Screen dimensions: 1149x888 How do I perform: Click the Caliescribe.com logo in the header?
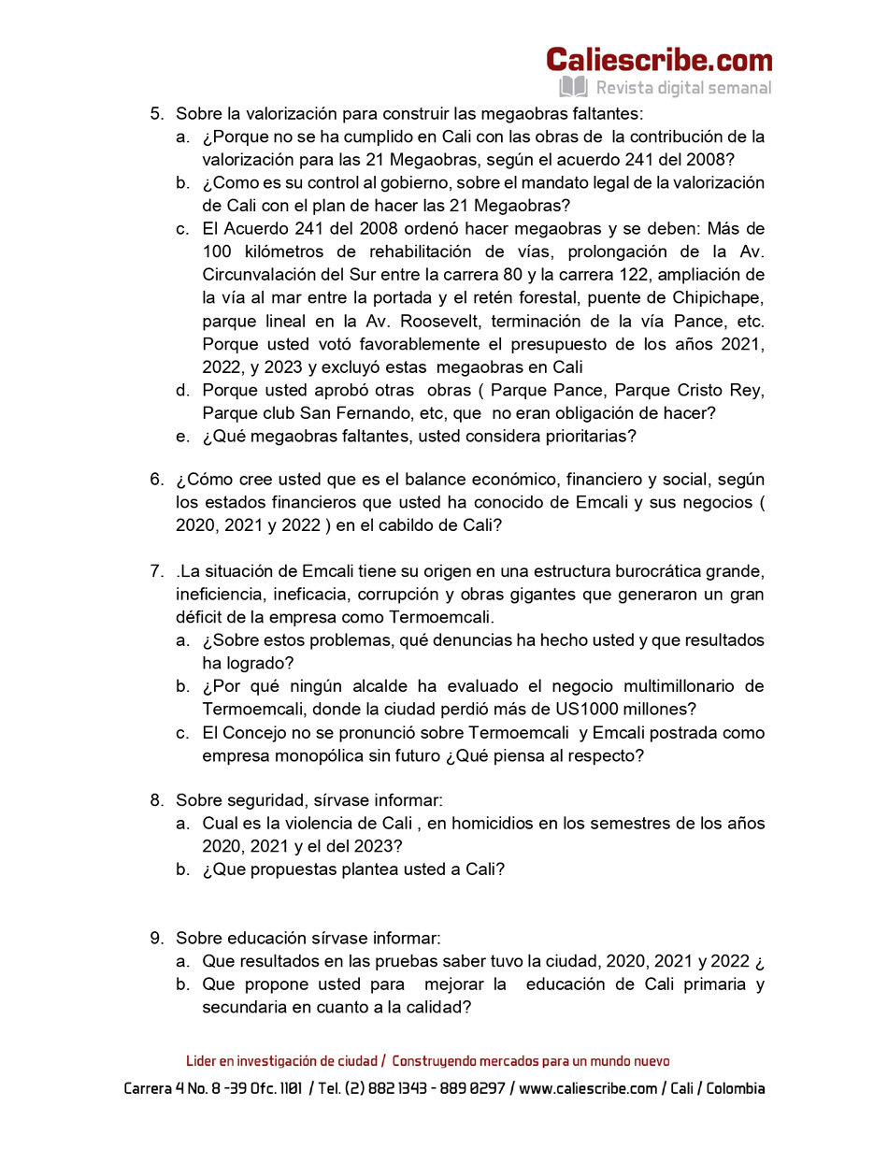[659, 60]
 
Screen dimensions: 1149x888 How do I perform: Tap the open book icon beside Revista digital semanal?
[573, 88]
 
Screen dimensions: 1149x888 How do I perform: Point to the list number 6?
[156, 480]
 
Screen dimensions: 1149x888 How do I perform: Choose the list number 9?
[156, 938]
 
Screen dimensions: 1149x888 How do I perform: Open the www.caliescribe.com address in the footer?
[588, 1089]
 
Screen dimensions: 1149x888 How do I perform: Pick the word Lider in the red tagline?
[201, 1061]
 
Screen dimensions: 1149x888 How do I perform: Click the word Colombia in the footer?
[736, 1089]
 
